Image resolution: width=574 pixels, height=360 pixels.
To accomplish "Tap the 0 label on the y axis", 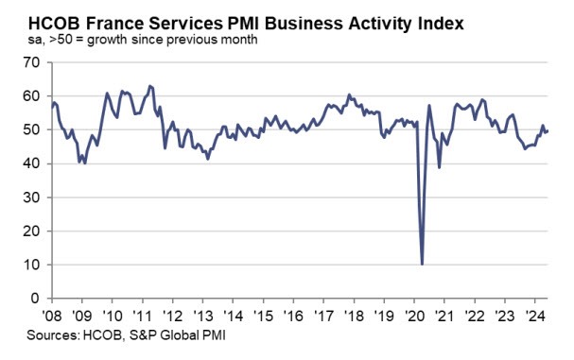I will point(35,299).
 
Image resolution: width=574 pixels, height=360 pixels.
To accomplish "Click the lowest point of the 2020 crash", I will point(422,264).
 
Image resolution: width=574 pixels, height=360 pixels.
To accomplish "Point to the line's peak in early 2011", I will point(150,86).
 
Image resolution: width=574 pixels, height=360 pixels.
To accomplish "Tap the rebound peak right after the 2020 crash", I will point(429,105).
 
